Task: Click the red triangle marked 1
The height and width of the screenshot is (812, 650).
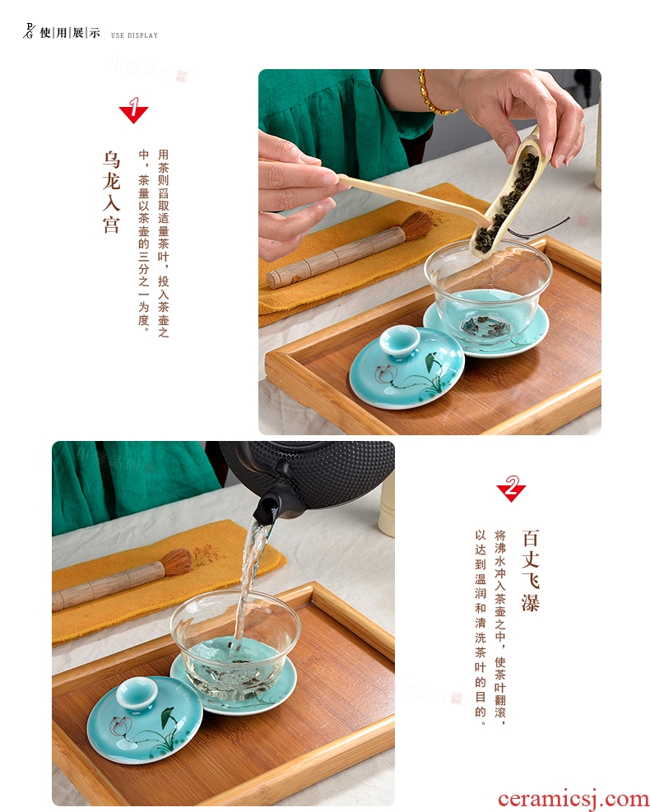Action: point(133,112)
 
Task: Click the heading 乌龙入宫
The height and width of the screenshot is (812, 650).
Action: point(111,192)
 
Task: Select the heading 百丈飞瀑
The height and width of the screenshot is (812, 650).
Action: point(531,569)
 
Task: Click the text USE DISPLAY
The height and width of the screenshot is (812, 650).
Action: point(134,35)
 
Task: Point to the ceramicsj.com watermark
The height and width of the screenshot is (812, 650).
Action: point(573,799)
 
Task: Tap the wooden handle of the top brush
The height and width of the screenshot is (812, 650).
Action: point(336,258)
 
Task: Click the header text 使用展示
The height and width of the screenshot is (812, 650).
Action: point(69,33)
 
